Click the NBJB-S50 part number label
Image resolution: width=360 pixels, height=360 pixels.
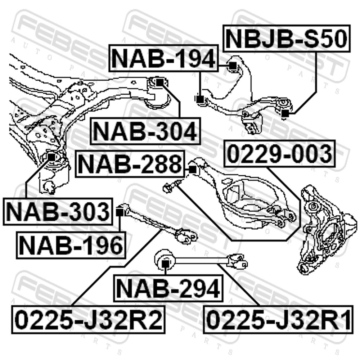tap(287, 39)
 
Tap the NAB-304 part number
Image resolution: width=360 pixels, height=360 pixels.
tap(145, 131)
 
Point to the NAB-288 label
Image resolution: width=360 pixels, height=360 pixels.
tap(130, 164)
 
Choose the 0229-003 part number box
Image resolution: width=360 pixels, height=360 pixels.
tap(279, 154)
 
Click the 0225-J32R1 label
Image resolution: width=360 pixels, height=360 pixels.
tap(277, 319)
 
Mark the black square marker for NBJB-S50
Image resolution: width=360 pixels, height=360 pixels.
tap(285, 114)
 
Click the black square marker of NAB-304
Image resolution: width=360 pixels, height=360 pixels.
tap(159, 82)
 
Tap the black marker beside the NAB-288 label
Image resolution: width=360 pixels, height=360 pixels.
tap(193, 169)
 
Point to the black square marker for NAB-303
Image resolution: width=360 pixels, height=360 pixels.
tap(51, 157)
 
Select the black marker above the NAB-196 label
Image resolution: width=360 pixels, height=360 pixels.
tap(120, 212)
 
